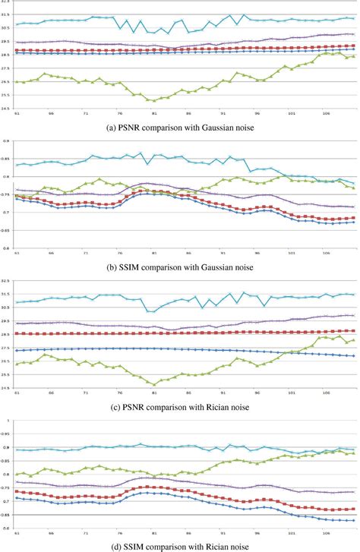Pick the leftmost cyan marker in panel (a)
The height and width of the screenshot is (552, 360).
pyautogui.click(x=17, y=24)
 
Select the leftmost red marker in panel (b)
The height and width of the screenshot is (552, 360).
pyautogui.click(x=17, y=196)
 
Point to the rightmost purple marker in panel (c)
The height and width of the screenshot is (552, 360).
pyautogui.click(x=354, y=315)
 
